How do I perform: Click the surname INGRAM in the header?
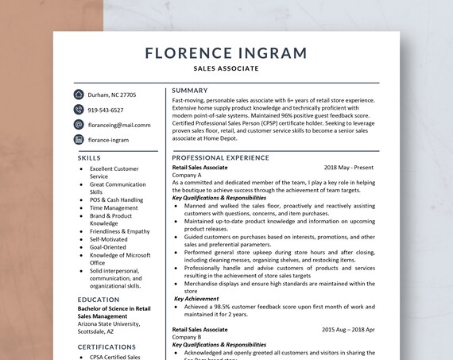coord(268,54)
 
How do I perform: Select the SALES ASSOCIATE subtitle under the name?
coord(226,69)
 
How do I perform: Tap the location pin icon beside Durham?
coord(79,95)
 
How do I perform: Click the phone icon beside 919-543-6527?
coord(79,110)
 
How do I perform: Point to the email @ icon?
coord(79,125)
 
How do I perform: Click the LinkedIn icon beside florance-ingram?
coord(79,140)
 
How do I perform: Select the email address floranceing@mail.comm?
coord(119,125)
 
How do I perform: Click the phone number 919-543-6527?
coord(106,110)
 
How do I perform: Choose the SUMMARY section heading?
coord(190,90)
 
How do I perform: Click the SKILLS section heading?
coord(89,158)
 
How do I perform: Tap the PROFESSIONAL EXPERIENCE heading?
coord(221,158)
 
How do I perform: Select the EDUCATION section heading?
coord(99,300)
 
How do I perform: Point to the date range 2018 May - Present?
coord(349,168)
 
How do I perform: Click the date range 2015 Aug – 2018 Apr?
coord(348,329)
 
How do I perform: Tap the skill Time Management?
coord(114,207)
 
